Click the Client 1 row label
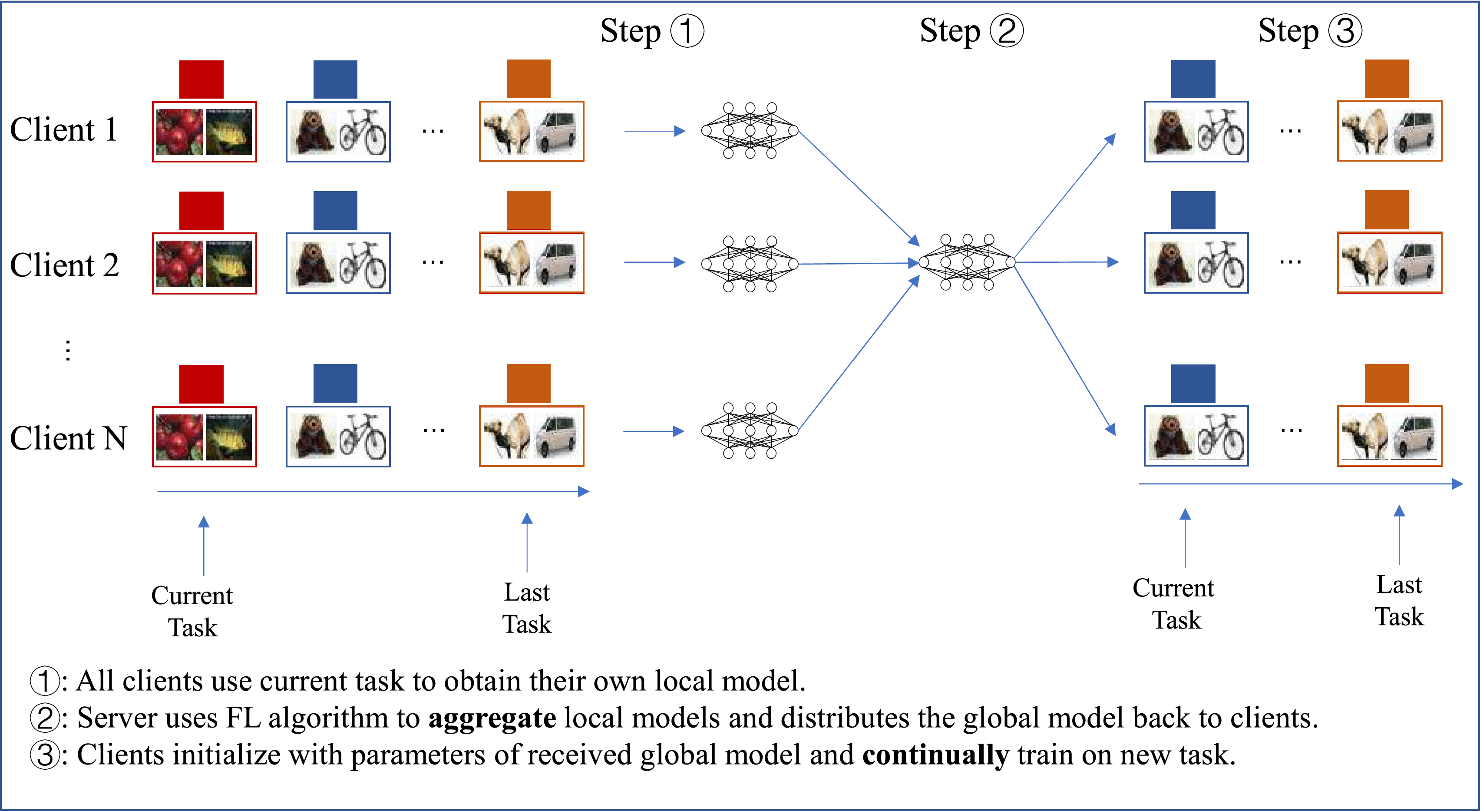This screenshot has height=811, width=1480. point(64,129)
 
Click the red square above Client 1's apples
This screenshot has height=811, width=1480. point(201,79)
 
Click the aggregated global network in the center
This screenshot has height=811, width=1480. point(967,262)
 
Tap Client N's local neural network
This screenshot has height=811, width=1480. point(750,430)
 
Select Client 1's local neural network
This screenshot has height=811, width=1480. point(750,130)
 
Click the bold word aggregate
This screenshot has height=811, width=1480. point(492,718)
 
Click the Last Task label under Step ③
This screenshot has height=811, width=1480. point(1399,601)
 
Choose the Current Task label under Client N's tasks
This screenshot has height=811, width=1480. point(192,611)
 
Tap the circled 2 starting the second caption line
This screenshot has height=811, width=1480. point(44,718)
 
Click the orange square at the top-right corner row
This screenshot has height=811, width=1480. point(1386,79)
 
